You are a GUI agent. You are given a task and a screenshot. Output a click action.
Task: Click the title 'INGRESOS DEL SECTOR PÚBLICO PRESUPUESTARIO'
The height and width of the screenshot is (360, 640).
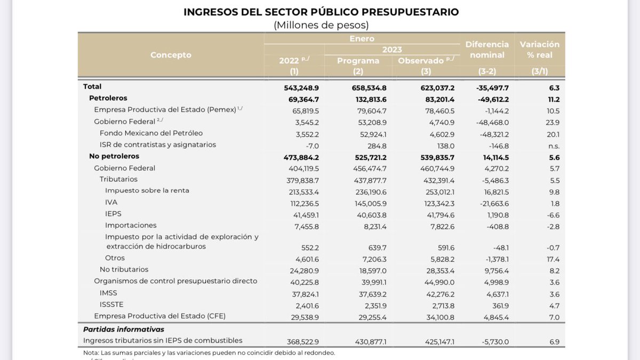coord(321,12)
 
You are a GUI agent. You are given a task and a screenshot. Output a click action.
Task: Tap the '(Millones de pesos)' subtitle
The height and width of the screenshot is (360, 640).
coord(321,25)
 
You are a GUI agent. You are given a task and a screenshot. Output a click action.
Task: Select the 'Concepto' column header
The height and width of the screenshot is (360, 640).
coord(171,55)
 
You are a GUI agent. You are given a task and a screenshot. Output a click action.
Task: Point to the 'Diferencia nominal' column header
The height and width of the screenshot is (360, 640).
coord(487,50)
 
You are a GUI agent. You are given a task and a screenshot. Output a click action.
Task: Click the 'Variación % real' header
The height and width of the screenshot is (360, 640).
coord(540,50)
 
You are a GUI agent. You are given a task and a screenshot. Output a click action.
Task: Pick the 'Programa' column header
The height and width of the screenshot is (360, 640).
coord(358,61)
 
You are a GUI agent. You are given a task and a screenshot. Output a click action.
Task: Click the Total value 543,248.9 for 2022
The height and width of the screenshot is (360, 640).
coord(301,87)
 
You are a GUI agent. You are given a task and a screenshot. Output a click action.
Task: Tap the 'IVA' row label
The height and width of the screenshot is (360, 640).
coord(111,202)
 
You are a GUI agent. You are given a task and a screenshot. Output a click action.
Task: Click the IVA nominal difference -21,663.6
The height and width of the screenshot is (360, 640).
coord(491,203)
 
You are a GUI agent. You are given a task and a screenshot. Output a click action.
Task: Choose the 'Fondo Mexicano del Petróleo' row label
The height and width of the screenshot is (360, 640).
coord(151,133)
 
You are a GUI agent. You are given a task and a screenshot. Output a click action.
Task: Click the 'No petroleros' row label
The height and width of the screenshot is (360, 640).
coord(114,156)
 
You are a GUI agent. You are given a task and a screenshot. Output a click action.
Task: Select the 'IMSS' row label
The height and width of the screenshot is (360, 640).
coord(108,293)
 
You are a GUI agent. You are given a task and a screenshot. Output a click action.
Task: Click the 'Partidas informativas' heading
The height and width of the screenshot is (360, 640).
coord(124,329)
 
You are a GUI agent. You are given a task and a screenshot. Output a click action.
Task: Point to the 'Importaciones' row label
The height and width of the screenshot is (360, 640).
coord(131,225)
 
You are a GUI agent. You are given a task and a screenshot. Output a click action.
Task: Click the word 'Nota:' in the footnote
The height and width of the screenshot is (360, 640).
coord(91,353)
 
